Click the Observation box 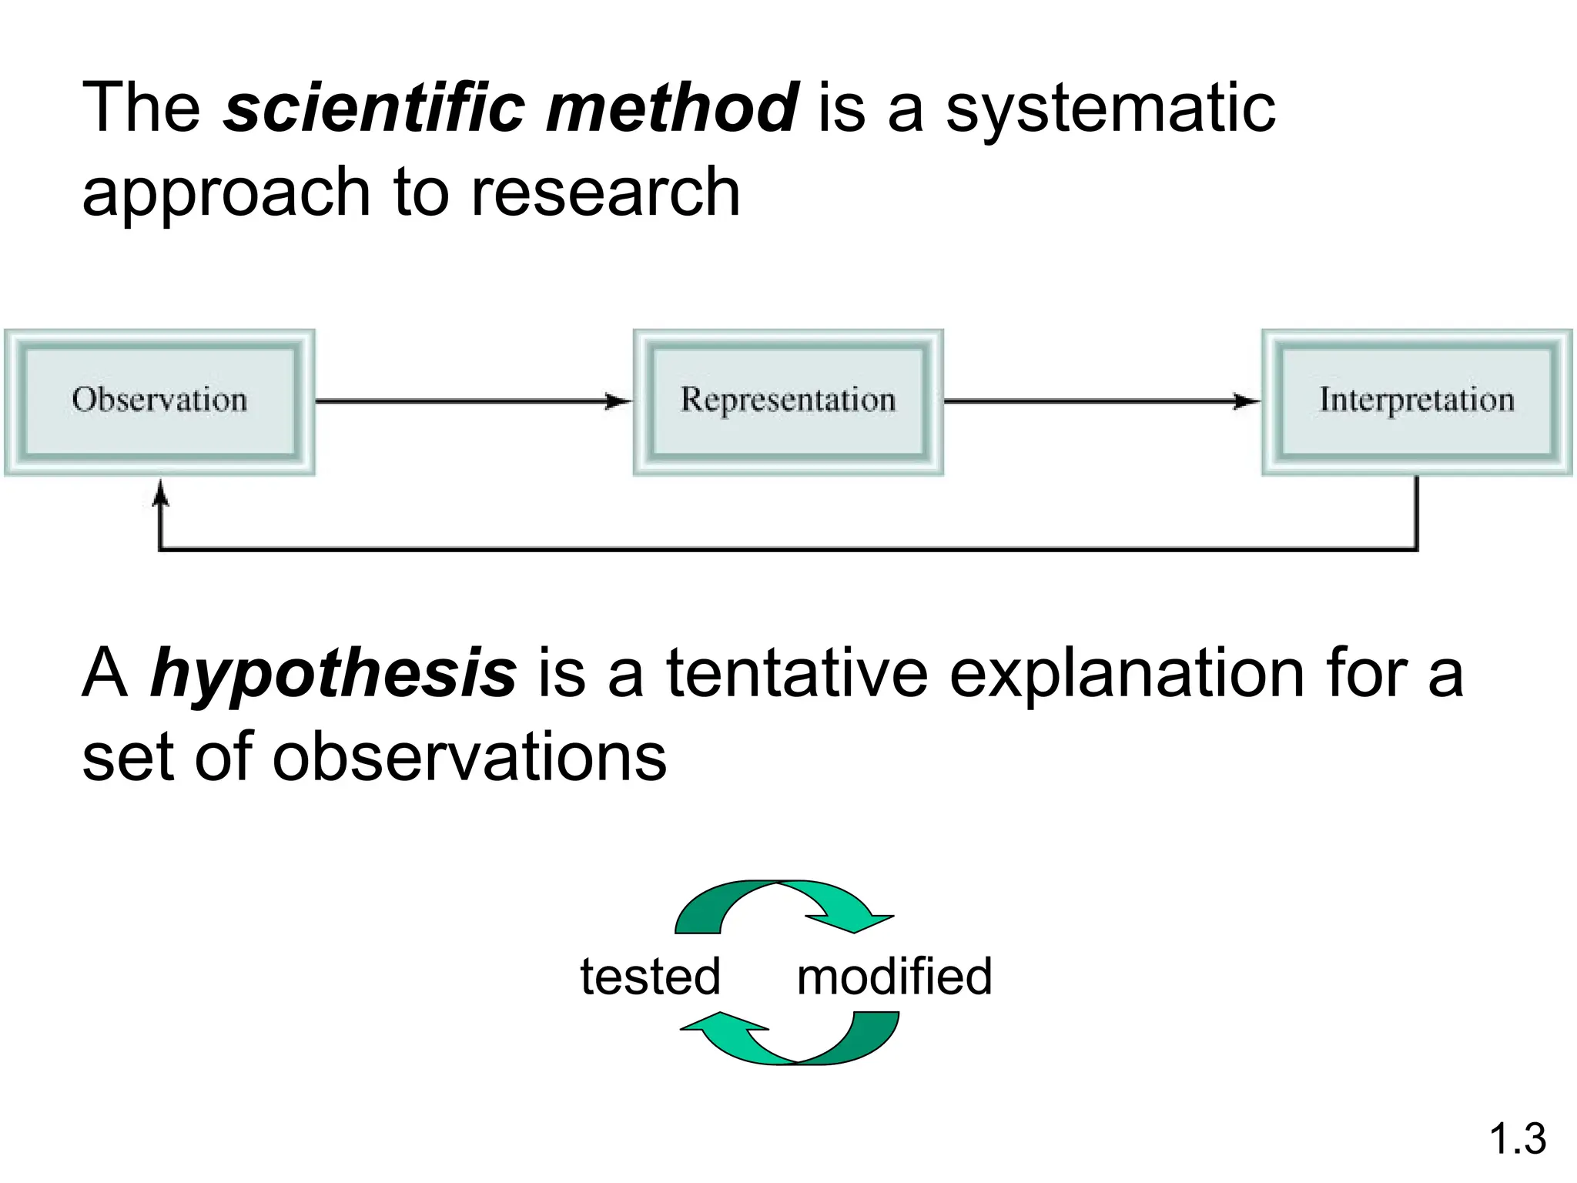tap(159, 401)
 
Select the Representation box tap(788, 401)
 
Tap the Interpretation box tap(1417, 401)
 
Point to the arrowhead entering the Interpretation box tap(1247, 401)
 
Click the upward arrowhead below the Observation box tap(160, 491)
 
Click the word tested tap(650, 977)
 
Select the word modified tap(894, 977)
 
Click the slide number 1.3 tap(1517, 1138)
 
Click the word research tap(604, 193)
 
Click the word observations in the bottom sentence tap(469, 757)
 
